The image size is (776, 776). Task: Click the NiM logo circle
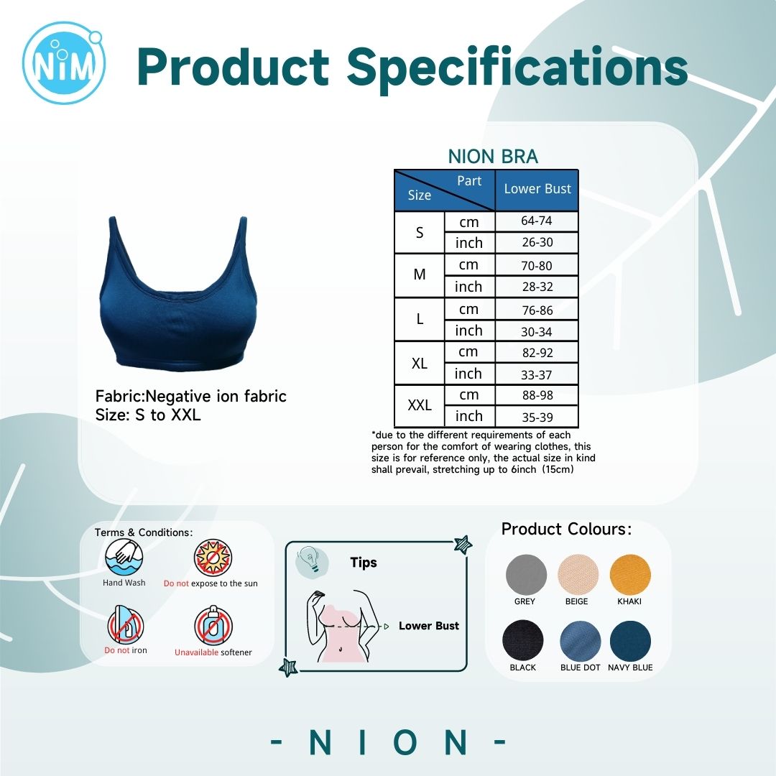click(64, 63)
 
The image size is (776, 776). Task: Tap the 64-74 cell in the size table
click(537, 221)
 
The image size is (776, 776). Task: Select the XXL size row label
click(419, 405)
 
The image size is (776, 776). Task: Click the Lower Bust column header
click(537, 189)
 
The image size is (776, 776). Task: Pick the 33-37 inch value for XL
click(537, 374)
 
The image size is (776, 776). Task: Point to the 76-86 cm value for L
click(537, 310)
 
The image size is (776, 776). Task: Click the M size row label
click(419, 274)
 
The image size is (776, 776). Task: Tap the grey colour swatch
click(526, 575)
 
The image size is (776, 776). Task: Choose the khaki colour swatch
click(630, 575)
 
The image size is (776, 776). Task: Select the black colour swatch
click(523, 640)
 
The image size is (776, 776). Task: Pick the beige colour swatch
click(578, 575)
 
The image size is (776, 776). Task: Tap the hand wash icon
click(124, 558)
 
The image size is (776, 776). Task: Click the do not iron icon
click(125, 625)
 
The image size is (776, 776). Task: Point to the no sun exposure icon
click(213, 558)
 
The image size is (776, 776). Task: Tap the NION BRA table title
click(493, 157)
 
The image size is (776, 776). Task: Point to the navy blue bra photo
click(177, 294)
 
